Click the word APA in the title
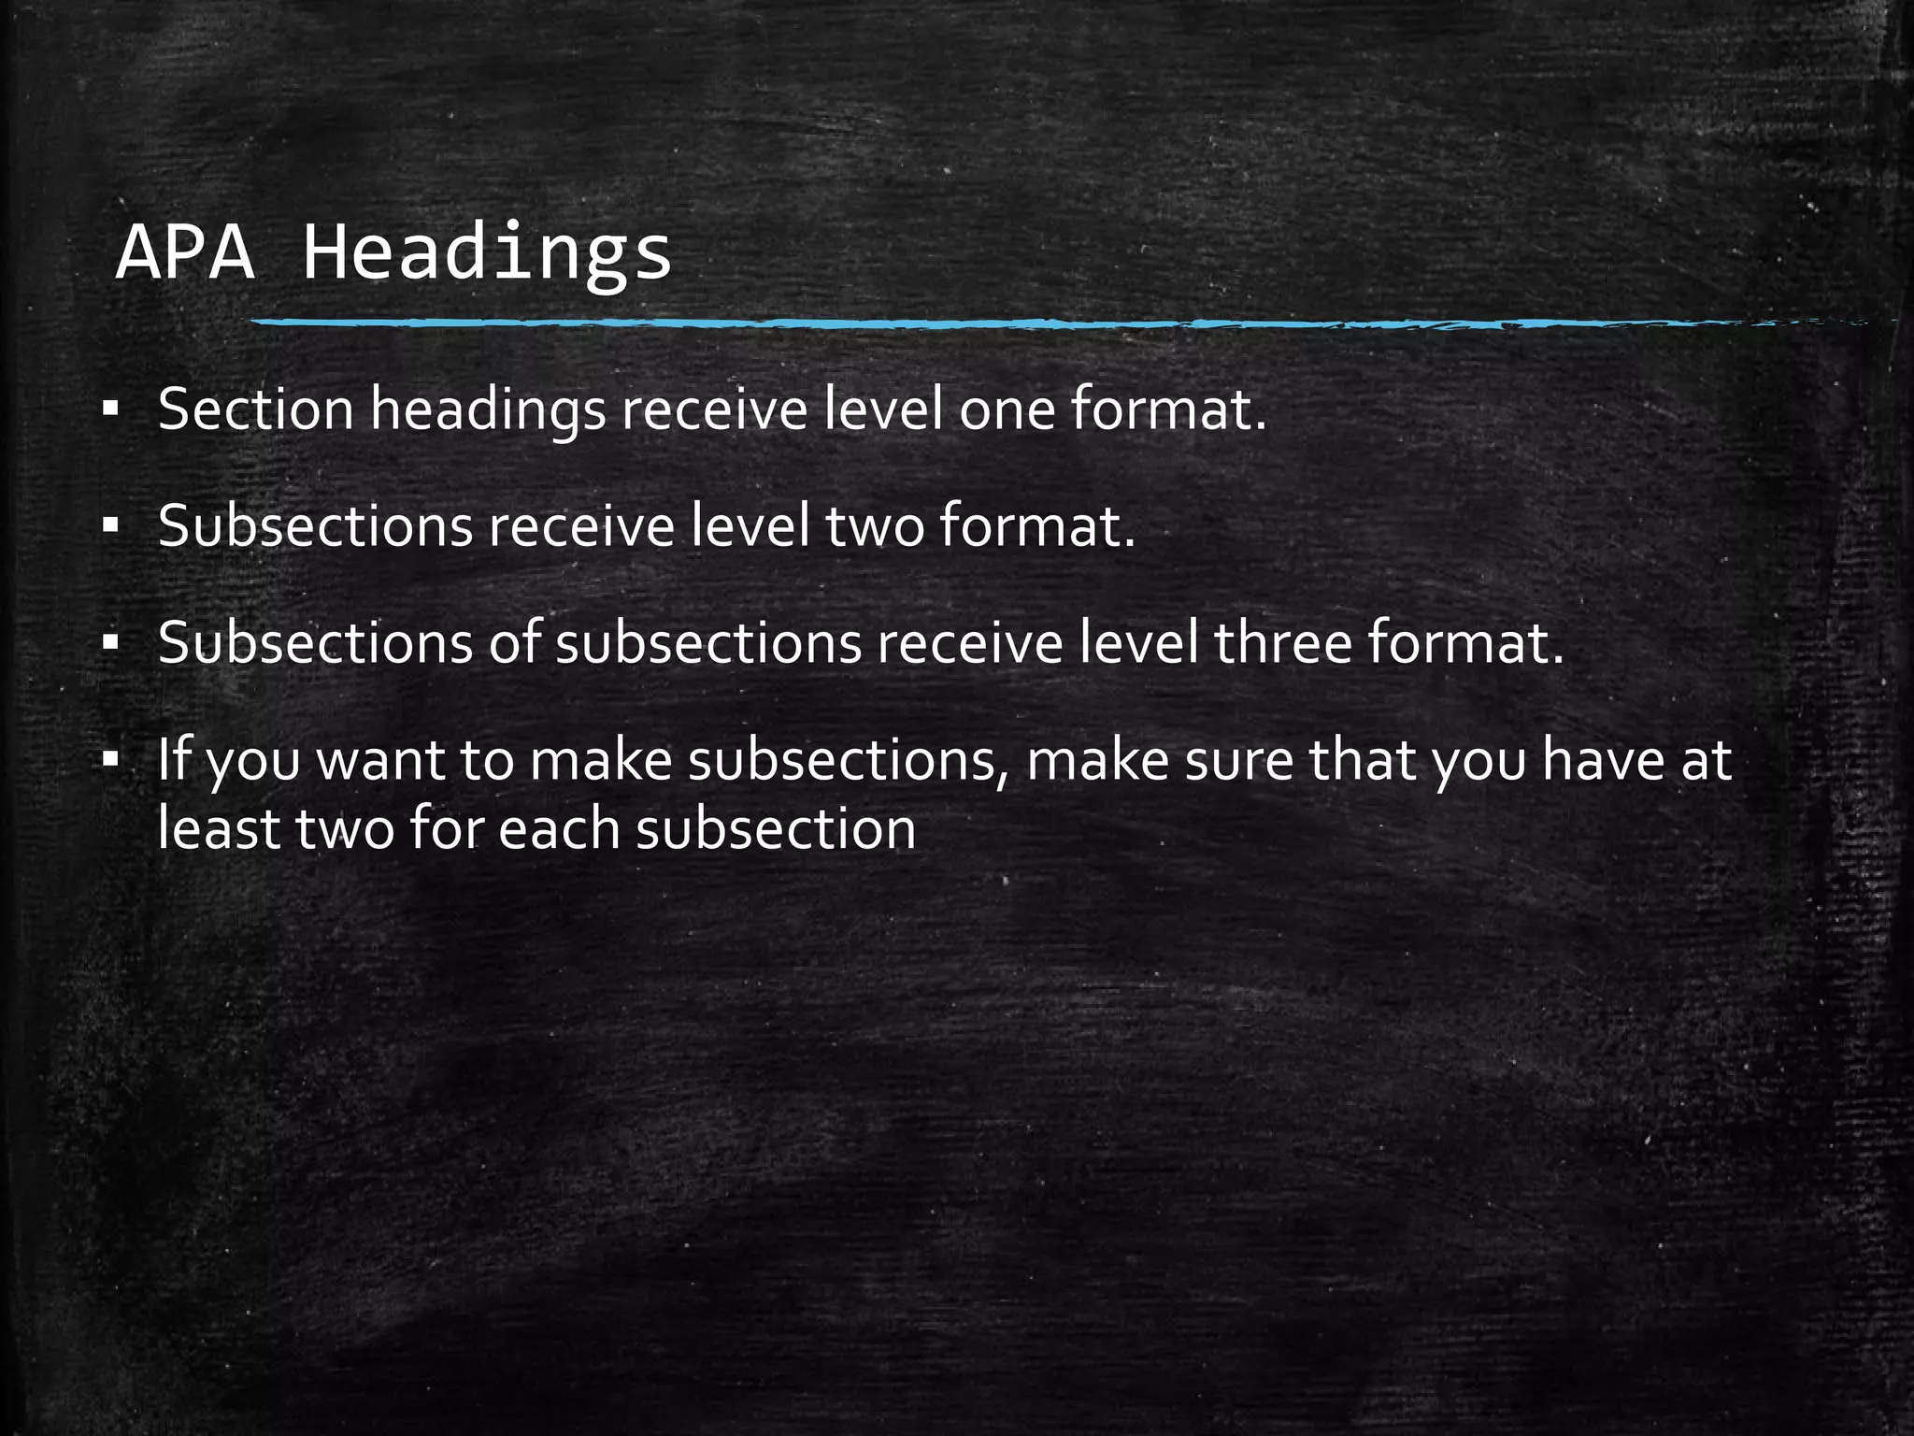pyautogui.click(x=185, y=252)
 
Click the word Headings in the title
pyautogui.click(x=487, y=254)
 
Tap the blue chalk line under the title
pyautogui.click(x=1028, y=323)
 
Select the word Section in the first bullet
pyautogui.click(x=255, y=409)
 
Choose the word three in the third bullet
pyautogui.click(x=1282, y=643)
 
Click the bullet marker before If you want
pyautogui.click(x=111, y=759)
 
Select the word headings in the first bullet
pyautogui.click(x=488, y=411)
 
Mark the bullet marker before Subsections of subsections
pyautogui.click(x=111, y=643)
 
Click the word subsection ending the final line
pyautogui.click(x=776, y=829)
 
